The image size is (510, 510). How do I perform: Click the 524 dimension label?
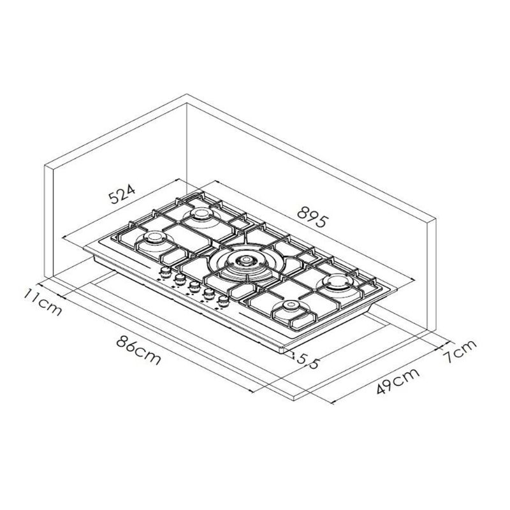(121, 194)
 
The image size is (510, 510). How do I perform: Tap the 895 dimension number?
(311, 217)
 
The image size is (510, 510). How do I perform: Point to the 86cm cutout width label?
(138, 351)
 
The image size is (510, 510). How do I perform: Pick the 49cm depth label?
(398, 381)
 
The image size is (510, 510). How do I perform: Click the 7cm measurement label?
(459, 351)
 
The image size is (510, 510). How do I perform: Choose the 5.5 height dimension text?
(307, 361)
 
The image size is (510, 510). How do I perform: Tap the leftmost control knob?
(166, 272)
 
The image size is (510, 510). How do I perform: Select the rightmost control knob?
(223, 301)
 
